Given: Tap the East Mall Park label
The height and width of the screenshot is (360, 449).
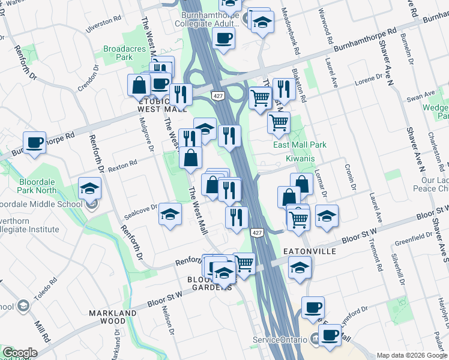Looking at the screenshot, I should point(300,145).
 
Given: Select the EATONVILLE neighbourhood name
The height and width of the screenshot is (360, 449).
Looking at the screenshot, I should point(310,251).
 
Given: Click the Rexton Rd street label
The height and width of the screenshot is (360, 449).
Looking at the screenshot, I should point(122,162).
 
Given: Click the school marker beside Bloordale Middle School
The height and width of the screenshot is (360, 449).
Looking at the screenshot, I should point(89,188).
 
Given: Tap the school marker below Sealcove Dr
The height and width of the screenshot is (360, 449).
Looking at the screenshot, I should point(170,214).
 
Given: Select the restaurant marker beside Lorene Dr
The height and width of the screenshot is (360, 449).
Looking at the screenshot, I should point(283,89).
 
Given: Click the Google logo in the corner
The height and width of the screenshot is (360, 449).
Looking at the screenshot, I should point(20,353).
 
